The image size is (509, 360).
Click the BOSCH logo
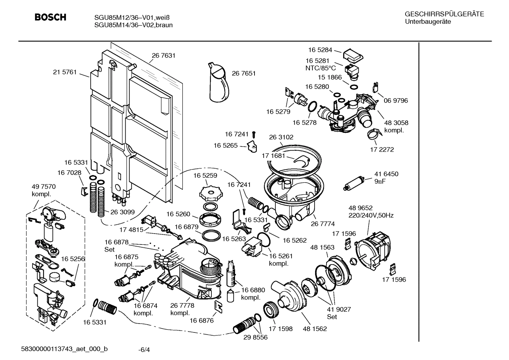(x=50, y=17)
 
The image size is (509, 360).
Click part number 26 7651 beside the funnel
(x=244, y=73)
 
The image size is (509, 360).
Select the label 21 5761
(x=65, y=72)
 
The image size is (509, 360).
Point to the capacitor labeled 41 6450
(x=354, y=182)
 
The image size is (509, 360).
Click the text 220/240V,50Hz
(x=371, y=215)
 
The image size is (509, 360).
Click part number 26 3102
(x=281, y=137)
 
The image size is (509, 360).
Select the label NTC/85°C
(x=321, y=68)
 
